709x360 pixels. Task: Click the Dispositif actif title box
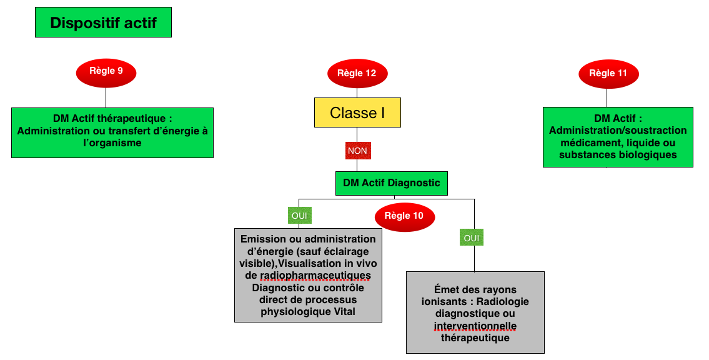(103, 22)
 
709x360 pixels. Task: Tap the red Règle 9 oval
(106, 71)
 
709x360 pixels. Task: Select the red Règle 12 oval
(357, 73)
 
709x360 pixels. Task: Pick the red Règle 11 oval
(608, 73)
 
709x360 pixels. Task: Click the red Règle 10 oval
(404, 216)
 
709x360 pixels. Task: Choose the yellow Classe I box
(357, 112)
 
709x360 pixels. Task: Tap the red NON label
(358, 151)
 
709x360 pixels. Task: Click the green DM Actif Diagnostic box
(392, 183)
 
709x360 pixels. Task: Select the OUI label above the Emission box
(299, 215)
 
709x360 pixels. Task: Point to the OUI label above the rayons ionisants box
(472, 237)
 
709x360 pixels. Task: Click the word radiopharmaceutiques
(315, 276)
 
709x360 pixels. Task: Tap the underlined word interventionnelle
(475, 326)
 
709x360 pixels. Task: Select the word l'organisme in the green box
(112, 143)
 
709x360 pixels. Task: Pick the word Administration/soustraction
(618, 131)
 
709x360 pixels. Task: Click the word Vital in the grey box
(345, 312)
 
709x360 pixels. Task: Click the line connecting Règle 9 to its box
(106, 97)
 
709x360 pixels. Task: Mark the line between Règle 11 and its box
(607, 97)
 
